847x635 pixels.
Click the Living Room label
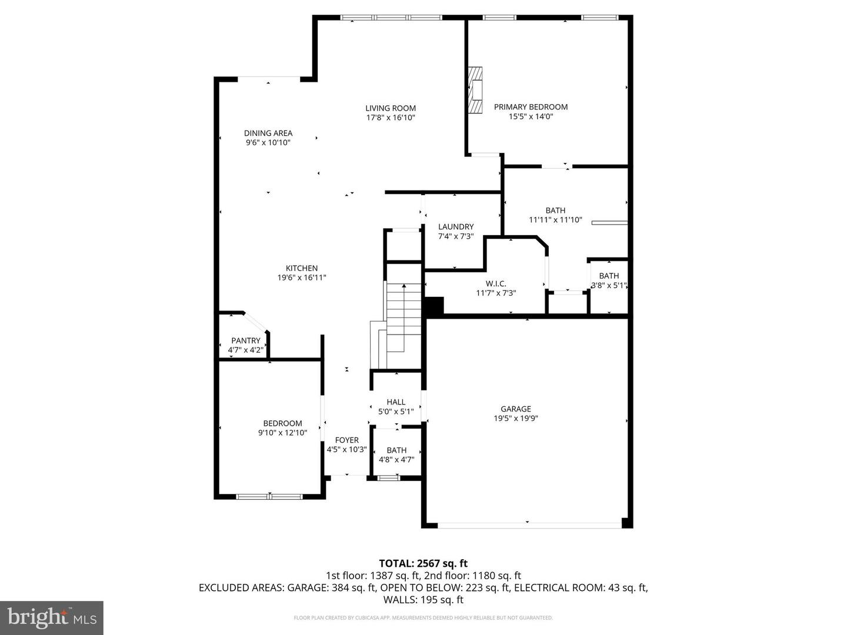[390, 108]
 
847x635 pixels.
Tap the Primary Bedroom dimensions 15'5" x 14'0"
[531, 116]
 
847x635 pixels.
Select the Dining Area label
[268, 133]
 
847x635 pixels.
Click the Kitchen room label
[302, 268]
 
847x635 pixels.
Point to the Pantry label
[245, 340]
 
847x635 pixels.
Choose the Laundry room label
[456, 226]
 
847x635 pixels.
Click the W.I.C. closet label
[496, 283]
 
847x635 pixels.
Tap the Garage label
[516, 409]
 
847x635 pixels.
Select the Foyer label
[346, 440]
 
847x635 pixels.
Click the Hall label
[396, 402]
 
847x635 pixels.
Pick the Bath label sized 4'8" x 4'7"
[396, 450]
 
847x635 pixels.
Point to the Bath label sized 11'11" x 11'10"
[555, 210]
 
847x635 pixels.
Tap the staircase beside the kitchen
[404, 317]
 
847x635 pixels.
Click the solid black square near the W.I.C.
[434, 306]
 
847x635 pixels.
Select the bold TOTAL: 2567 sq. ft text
[423, 563]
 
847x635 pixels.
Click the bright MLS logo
[52, 617]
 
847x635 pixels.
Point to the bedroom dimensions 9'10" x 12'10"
[282, 433]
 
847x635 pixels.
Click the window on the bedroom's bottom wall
[269, 497]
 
